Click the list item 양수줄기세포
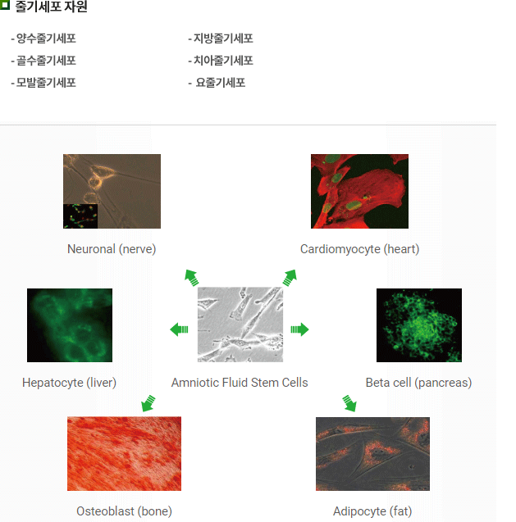point(43,39)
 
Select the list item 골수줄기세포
point(43,61)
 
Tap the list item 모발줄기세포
point(43,82)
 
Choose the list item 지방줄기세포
point(221,39)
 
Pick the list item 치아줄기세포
point(221,61)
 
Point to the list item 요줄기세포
point(217,82)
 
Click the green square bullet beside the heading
point(5,5)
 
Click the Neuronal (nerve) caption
point(112,249)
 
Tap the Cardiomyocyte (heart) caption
point(359,249)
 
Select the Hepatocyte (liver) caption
point(70,383)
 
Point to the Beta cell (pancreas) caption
point(418,383)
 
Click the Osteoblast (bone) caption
point(125,511)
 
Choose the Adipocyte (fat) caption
point(372,511)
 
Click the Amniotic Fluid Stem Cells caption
point(240,383)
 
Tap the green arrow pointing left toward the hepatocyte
point(179,329)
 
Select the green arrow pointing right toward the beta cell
point(299,329)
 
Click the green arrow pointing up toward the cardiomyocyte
point(290,278)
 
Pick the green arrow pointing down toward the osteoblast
point(148,403)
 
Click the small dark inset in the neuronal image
point(80,216)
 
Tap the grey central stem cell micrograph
point(240,325)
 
